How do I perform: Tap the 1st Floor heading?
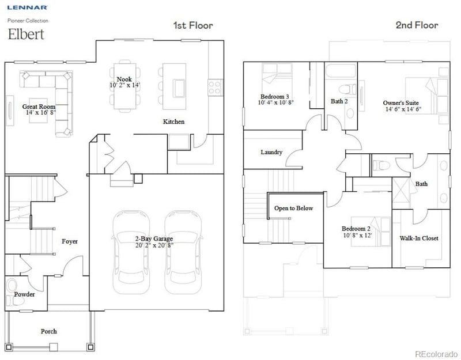point(193,25)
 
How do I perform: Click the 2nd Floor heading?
point(417,25)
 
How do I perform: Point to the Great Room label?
point(39,107)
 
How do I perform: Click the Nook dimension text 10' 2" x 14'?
point(124,85)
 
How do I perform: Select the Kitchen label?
point(173,122)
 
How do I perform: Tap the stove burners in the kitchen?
point(214,88)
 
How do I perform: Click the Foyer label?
point(70,241)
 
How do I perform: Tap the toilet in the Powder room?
point(12,286)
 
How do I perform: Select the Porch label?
point(48,331)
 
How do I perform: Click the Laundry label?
point(271,152)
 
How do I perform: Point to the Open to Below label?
point(293,208)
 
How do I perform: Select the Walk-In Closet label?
point(419,238)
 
